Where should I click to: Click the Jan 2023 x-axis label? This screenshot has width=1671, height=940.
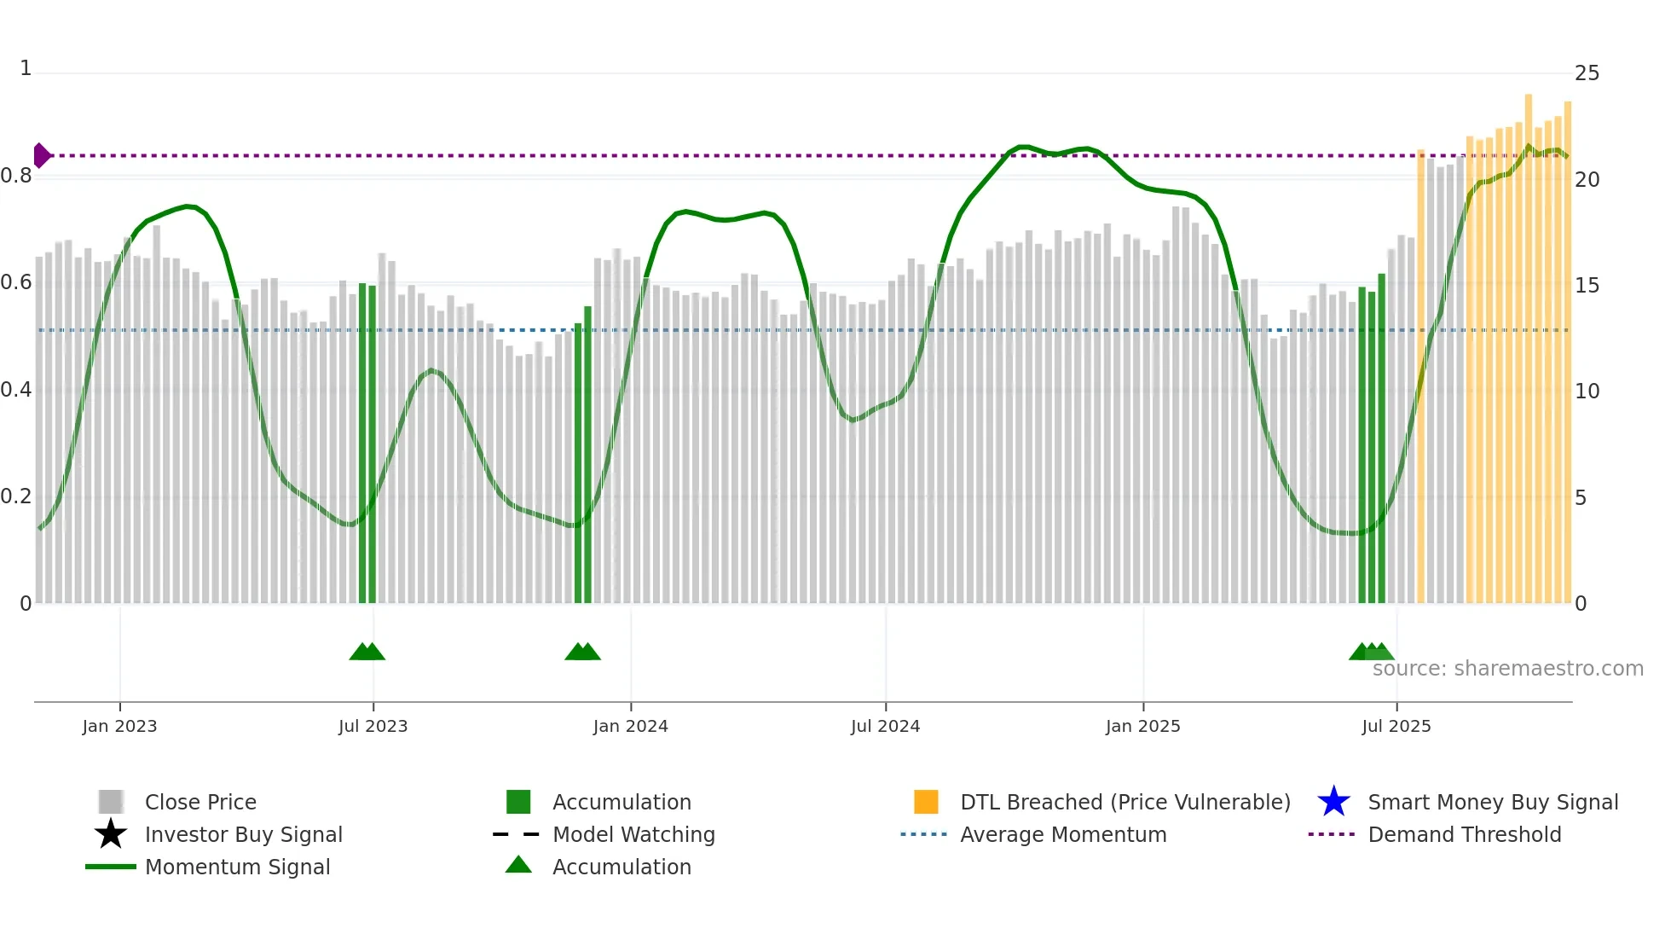click(119, 726)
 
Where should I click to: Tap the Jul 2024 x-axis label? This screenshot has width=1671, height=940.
click(885, 726)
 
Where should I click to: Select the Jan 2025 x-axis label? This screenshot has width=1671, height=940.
click(1142, 726)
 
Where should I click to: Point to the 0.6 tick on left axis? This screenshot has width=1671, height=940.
click(16, 282)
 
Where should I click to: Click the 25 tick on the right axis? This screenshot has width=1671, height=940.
click(1587, 73)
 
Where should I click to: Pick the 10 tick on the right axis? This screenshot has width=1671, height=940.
click(1587, 392)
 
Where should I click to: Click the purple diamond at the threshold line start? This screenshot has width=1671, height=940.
click(41, 155)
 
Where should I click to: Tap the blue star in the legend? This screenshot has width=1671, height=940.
click(1333, 802)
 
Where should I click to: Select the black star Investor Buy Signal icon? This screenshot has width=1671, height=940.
click(111, 834)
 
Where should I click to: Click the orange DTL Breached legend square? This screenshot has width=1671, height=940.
click(926, 802)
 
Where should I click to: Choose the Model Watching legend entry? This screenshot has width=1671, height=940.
click(633, 834)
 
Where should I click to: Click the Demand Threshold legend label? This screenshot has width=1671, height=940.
click(1464, 834)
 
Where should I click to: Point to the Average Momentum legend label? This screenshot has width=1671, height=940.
click(1062, 834)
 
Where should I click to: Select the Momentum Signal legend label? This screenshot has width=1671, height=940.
click(237, 867)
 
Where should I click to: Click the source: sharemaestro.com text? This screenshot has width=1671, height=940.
click(1507, 669)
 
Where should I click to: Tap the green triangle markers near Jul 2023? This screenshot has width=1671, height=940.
click(367, 652)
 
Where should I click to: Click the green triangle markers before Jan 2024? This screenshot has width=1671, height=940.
click(583, 652)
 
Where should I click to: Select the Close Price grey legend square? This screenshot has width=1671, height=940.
click(111, 802)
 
